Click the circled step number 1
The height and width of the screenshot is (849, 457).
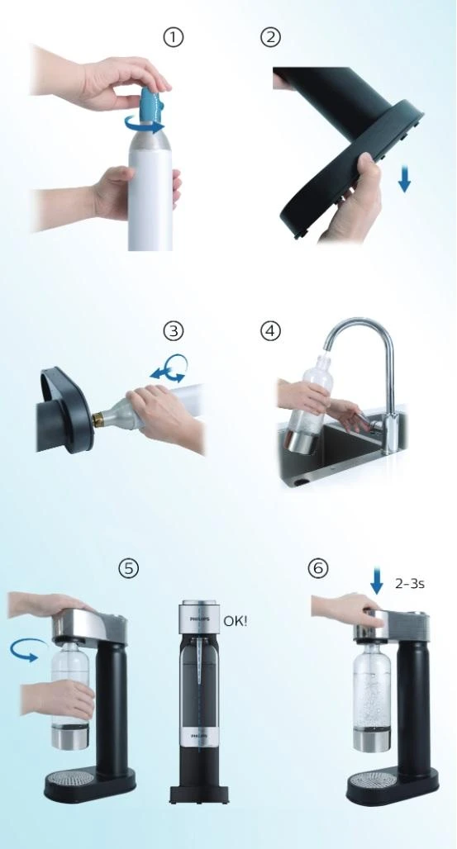(x=173, y=37)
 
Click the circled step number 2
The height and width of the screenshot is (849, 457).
(x=270, y=37)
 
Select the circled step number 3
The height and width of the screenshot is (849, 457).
(x=173, y=330)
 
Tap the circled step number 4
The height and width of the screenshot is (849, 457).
(x=270, y=330)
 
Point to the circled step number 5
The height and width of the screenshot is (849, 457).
(x=128, y=568)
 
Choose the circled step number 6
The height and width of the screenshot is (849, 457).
(x=317, y=568)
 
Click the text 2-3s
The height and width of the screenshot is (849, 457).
(x=410, y=583)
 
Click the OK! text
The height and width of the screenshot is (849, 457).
(x=236, y=619)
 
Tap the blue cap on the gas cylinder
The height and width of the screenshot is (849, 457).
(x=150, y=103)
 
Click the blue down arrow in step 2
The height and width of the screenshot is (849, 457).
(x=404, y=178)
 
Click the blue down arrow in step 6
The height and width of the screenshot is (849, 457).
(x=377, y=583)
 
